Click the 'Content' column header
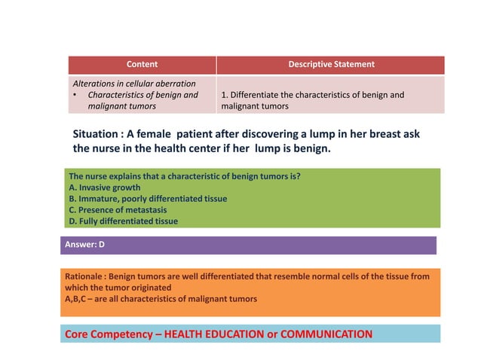click(x=142, y=65)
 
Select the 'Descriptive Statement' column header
click(x=331, y=65)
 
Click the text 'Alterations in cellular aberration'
click(x=133, y=83)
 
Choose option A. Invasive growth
click(x=104, y=188)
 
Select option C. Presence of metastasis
click(x=115, y=210)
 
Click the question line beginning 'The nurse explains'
click(x=184, y=176)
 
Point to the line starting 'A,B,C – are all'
click(x=161, y=299)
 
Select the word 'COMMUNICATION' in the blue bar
click(x=326, y=334)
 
